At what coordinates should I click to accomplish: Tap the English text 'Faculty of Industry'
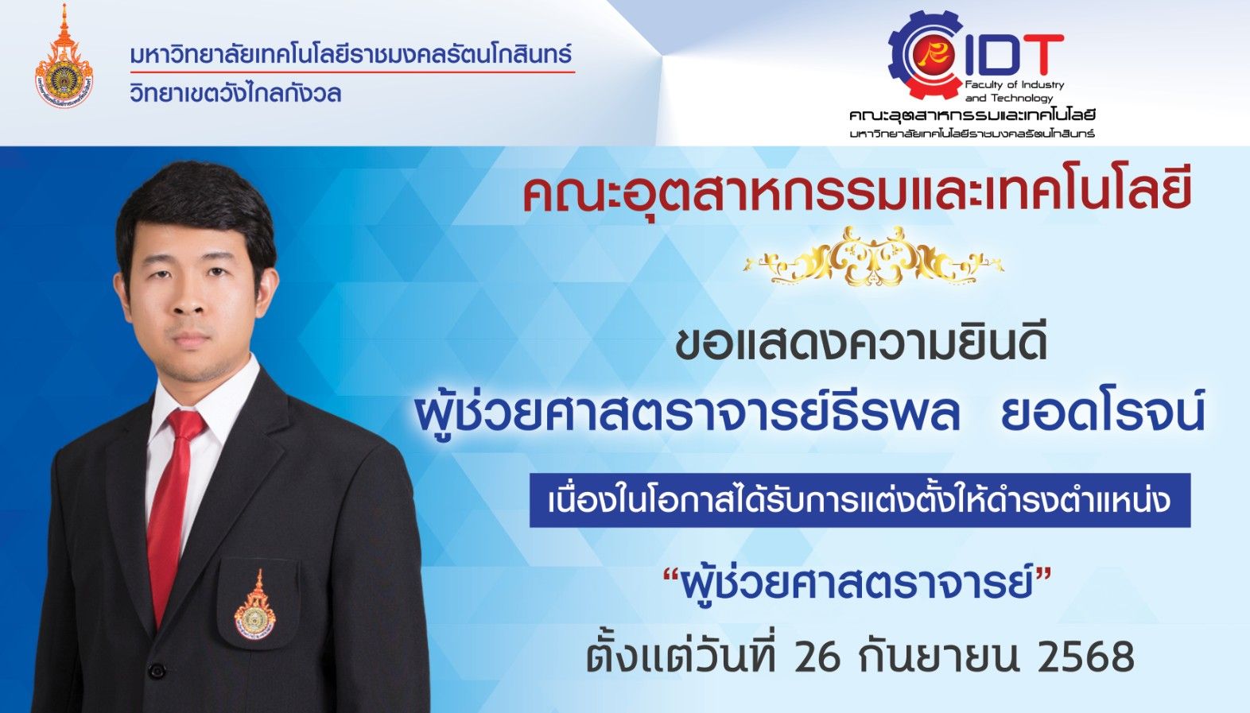pos(1015,85)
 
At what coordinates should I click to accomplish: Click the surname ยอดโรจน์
pos(1111,413)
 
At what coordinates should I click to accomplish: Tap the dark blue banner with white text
pos(860,501)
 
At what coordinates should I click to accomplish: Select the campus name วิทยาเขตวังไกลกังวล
pos(235,93)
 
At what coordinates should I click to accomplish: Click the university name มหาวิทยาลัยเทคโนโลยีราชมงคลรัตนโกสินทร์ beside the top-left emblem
pos(351,55)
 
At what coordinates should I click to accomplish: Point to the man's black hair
pos(196,212)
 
